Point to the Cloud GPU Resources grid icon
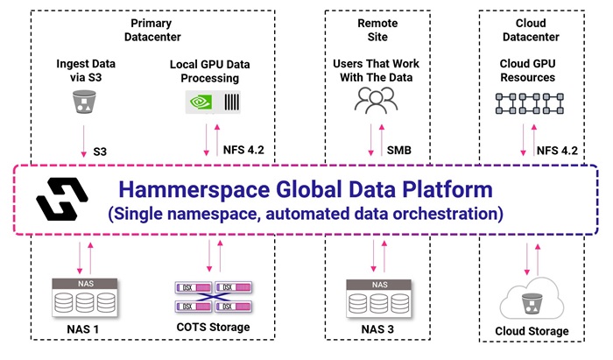tap(527, 102)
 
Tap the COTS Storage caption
tap(212, 328)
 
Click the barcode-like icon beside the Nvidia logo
tap(232, 102)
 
